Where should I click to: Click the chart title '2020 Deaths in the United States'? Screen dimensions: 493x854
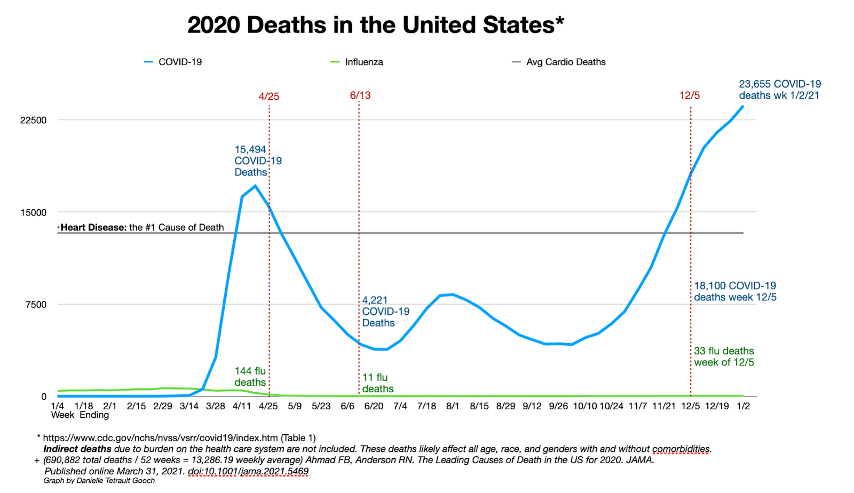375,25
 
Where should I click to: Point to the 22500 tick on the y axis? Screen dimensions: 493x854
34,120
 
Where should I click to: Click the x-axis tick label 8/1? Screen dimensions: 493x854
453,406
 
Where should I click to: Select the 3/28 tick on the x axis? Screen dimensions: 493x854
216,406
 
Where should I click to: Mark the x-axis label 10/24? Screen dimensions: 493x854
611,406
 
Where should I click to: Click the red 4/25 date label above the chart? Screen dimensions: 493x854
269,97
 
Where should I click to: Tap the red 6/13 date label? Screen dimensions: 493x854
360,96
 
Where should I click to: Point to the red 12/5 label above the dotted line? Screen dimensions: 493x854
690,96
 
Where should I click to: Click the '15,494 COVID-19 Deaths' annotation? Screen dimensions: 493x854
258,161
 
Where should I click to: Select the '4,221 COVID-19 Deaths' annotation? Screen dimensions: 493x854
385,312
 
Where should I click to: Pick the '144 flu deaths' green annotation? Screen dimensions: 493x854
250,377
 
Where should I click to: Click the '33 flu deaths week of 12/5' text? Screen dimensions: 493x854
724,356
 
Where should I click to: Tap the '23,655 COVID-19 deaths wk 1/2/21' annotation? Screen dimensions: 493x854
779,90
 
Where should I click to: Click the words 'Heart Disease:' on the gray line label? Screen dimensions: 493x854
93,227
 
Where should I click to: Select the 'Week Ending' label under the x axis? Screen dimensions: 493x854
80,415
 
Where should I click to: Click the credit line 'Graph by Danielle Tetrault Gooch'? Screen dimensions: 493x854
99,481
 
